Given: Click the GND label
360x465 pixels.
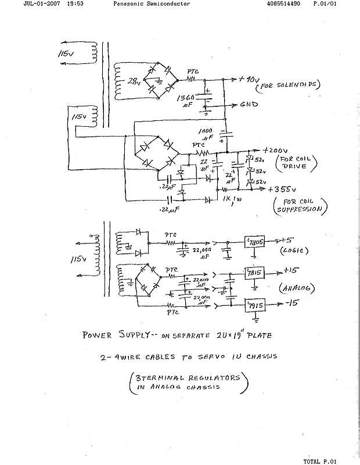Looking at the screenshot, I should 250,105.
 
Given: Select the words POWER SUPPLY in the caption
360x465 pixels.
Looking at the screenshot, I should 118,335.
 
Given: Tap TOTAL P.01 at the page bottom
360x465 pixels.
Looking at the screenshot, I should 319,461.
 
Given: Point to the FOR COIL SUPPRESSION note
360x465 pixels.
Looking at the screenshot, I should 300,205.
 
